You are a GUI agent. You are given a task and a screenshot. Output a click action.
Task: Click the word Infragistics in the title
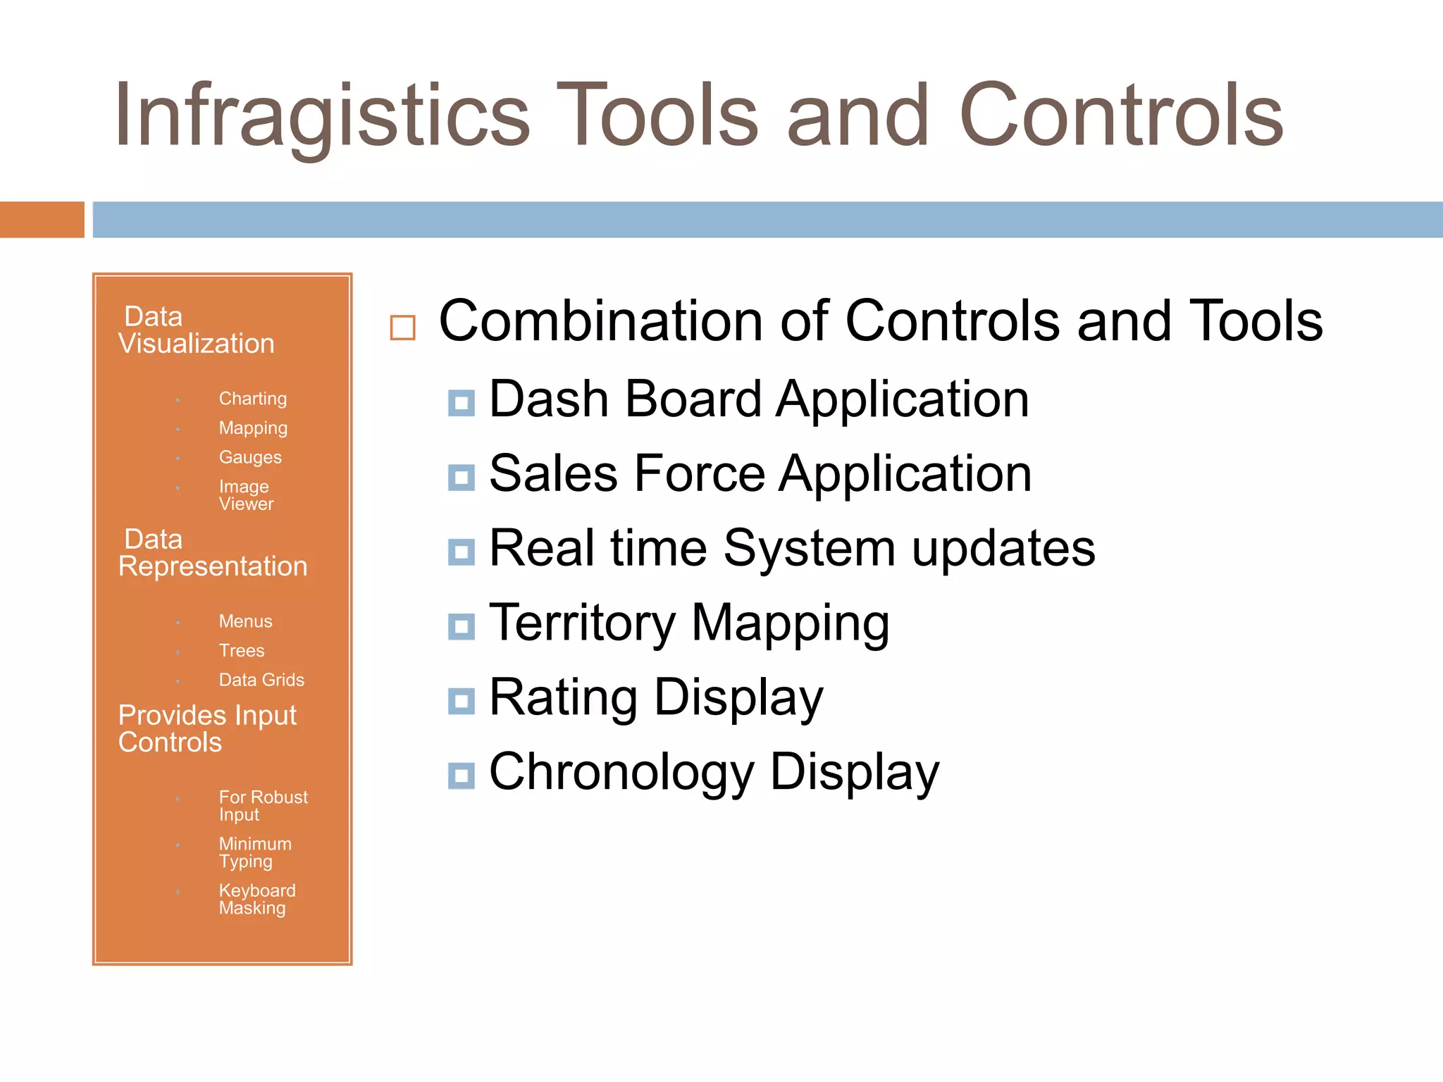(x=321, y=116)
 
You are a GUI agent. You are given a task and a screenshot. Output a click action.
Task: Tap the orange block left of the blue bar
(x=42, y=220)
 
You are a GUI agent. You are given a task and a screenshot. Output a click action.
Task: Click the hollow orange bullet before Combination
(x=402, y=328)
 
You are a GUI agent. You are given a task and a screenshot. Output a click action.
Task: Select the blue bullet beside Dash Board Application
(x=462, y=403)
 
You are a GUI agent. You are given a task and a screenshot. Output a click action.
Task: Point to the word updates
(x=1003, y=549)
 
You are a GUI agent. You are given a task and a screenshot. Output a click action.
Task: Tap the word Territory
(x=582, y=623)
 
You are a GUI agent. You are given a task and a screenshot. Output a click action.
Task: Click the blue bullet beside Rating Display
(x=462, y=701)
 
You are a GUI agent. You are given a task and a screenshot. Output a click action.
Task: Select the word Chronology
(x=621, y=773)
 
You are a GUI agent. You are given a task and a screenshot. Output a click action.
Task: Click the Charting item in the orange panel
(x=252, y=399)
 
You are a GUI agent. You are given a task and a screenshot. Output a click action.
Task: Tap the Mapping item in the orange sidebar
(x=253, y=428)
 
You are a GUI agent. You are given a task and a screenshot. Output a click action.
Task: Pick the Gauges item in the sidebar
(x=250, y=458)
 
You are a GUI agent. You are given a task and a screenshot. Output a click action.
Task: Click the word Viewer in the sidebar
(x=246, y=504)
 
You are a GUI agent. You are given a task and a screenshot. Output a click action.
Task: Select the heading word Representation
(x=213, y=567)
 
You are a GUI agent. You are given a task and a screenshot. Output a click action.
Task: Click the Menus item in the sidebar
(x=245, y=621)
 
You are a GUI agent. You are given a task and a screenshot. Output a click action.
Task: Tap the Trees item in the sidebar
(x=242, y=651)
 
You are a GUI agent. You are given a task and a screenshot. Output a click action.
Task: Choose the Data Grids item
(x=261, y=680)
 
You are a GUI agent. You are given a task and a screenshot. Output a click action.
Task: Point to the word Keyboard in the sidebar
(x=257, y=891)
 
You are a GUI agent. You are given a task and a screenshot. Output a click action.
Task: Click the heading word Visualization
(x=197, y=344)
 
